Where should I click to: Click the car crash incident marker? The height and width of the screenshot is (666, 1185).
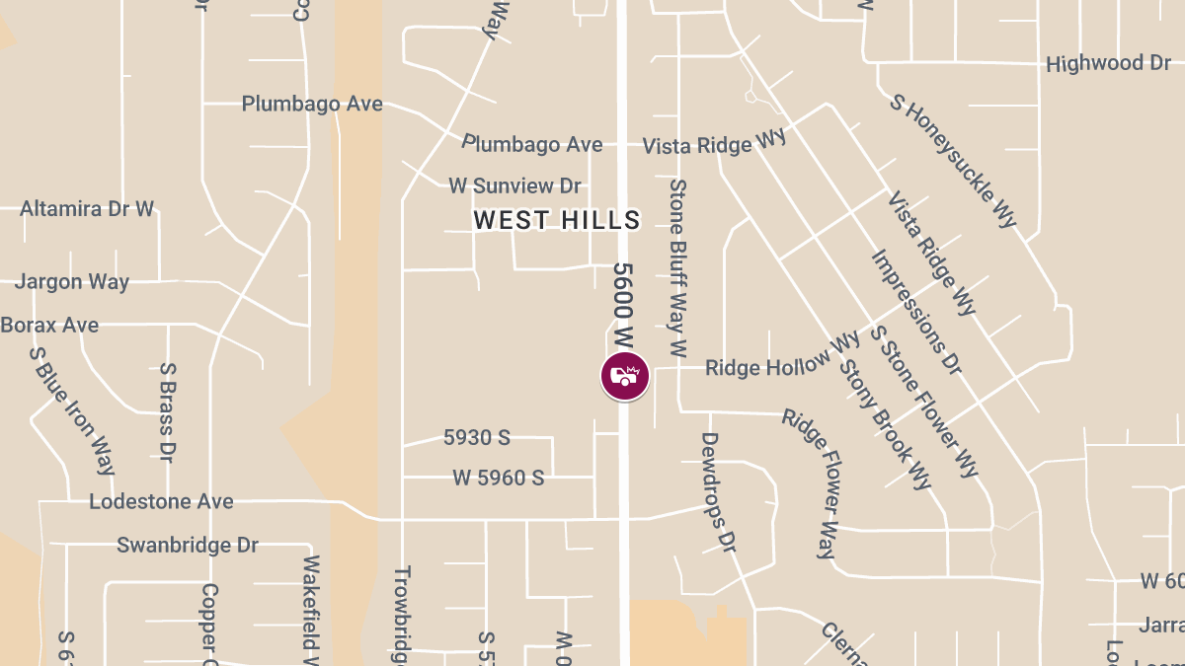tap(625, 376)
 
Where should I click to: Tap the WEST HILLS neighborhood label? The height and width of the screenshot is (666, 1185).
tap(557, 220)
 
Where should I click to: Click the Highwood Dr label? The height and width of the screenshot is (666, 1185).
tap(1108, 64)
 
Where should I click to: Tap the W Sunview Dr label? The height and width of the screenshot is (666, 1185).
tap(514, 185)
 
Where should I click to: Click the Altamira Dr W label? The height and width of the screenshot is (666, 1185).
tap(87, 209)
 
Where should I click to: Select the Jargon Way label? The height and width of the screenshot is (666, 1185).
tap(72, 282)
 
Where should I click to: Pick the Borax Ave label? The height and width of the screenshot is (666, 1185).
tap(49, 325)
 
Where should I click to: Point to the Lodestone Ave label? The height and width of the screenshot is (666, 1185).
tap(161, 501)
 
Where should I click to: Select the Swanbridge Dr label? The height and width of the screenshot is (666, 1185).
tap(188, 545)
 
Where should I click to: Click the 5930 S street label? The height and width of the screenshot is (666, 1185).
tap(483, 437)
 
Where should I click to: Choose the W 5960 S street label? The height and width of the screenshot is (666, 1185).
tap(499, 478)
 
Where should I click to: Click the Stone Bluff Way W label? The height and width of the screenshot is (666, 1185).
tap(677, 266)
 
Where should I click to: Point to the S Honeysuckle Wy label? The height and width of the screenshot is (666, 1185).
tap(953, 160)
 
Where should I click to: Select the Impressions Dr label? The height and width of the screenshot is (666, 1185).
tap(915, 312)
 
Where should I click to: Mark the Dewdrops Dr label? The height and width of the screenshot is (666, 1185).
tap(719, 491)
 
